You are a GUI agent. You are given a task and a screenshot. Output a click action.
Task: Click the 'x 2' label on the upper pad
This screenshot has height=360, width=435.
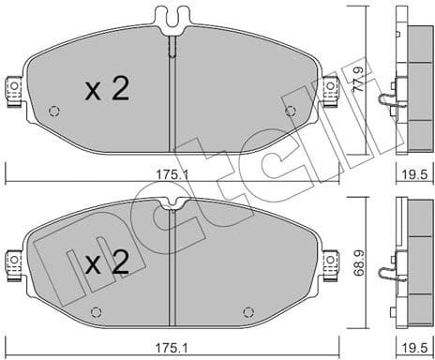[107, 89]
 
